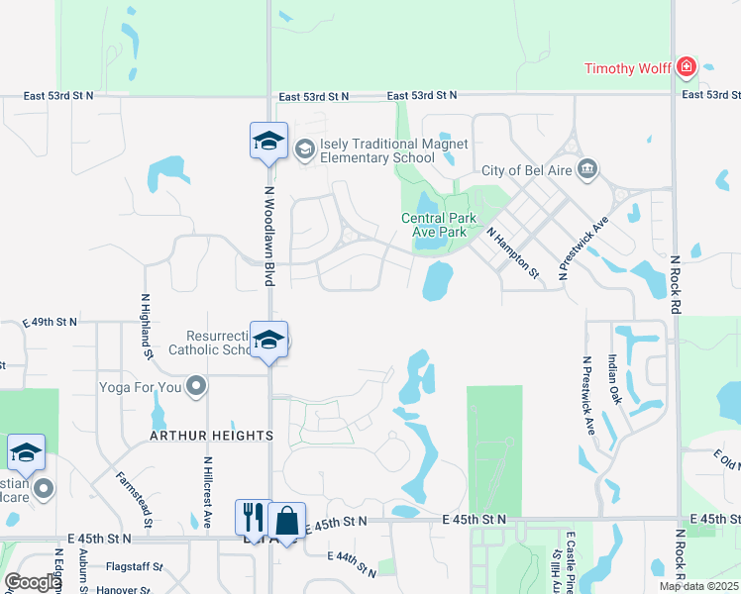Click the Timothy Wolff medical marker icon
[x=685, y=67]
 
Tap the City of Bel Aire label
[x=528, y=170]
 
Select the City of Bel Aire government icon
[x=587, y=169]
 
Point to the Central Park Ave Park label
[x=439, y=225]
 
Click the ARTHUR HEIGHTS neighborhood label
[x=211, y=436]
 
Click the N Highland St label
[x=146, y=326]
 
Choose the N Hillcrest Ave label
[x=208, y=491]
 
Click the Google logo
[x=33, y=582]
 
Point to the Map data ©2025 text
[x=698, y=586]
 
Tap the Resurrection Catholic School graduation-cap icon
[x=268, y=341]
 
